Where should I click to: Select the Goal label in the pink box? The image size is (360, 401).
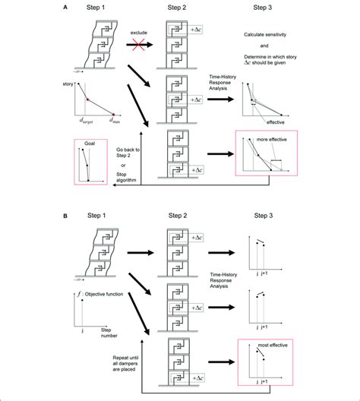click(x=90, y=144)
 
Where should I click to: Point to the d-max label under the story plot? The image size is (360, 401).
click(x=115, y=119)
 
